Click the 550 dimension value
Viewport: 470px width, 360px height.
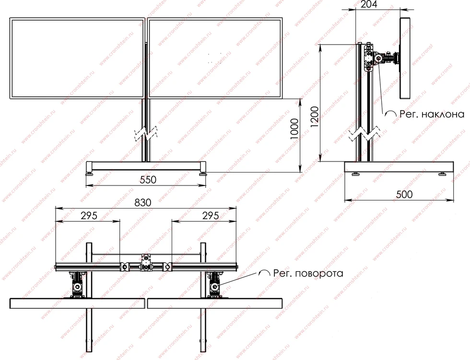[x=148, y=179]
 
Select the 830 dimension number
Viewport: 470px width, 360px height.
[x=143, y=202]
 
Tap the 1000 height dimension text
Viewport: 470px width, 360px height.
[x=294, y=129]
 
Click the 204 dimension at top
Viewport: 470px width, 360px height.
[x=369, y=4]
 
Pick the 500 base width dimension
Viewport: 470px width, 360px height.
[x=404, y=194]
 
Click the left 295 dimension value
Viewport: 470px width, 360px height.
[x=89, y=215]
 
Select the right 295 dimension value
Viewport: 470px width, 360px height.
[x=211, y=215]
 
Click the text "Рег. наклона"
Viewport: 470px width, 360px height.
[x=432, y=114]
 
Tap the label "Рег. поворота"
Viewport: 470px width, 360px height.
[x=308, y=273]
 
